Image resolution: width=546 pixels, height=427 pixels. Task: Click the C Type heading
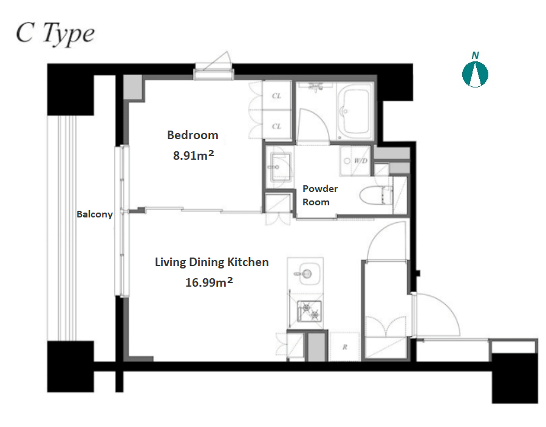point(55,33)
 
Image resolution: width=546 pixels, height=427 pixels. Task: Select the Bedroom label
point(193,135)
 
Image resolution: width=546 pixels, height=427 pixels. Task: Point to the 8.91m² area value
point(193,155)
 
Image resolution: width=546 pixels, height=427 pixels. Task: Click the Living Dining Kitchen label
point(212,262)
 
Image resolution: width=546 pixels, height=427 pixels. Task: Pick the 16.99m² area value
point(209,282)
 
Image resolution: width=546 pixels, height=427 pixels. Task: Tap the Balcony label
point(94,214)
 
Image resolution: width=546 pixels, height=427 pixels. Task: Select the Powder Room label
point(320,195)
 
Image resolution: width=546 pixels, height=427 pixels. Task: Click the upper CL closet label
point(276,95)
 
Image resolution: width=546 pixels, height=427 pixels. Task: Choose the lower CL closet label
point(276,126)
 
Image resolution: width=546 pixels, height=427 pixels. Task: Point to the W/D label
point(361,160)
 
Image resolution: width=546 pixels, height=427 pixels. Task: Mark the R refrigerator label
point(345,347)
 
